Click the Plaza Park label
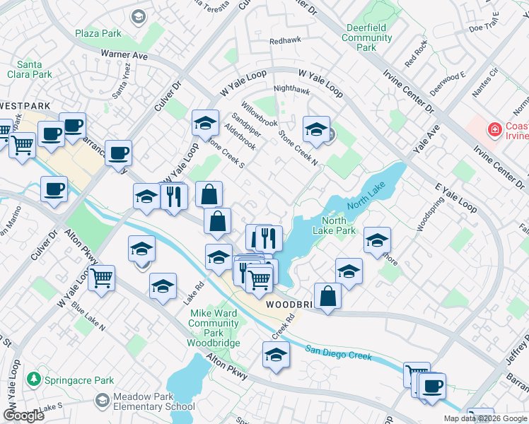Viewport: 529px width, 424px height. pyautogui.click(x=98, y=33)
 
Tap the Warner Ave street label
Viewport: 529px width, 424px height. pyautogui.click(x=124, y=54)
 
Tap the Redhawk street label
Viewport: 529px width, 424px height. pyautogui.click(x=285, y=42)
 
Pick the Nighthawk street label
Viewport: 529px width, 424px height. pyautogui.click(x=291, y=90)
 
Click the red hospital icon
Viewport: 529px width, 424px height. pyautogui.click(x=494, y=129)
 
